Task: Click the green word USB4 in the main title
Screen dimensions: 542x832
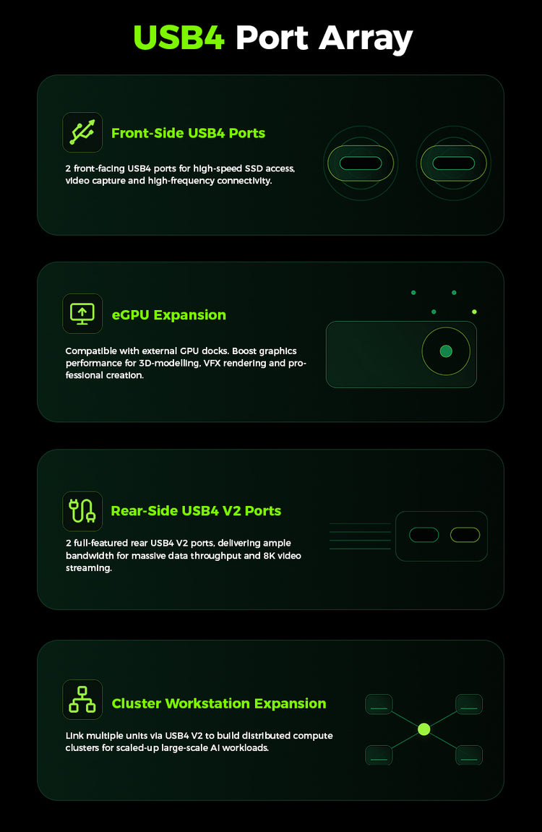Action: click(178, 38)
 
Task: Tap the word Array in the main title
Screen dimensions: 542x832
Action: click(366, 40)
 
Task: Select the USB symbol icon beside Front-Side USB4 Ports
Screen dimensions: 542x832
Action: click(82, 132)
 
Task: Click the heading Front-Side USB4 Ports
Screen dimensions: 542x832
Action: click(189, 133)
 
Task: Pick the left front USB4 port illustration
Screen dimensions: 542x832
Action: click(361, 163)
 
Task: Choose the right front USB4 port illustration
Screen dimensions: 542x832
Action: click(453, 163)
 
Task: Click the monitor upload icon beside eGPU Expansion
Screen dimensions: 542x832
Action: click(82, 314)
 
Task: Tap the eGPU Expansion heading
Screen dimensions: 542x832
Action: click(168, 314)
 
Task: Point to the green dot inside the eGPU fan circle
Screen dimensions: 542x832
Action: click(446, 351)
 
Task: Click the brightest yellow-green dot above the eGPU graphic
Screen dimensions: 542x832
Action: click(474, 312)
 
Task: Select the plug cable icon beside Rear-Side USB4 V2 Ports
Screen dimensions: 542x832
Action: click(82, 511)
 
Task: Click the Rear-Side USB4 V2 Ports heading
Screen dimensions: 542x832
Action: click(197, 510)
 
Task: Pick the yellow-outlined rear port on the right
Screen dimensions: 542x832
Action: click(465, 535)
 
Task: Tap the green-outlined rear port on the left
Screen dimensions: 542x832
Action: click(423, 535)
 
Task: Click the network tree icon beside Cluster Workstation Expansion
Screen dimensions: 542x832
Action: click(82, 699)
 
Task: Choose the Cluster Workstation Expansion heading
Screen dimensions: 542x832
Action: click(219, 703)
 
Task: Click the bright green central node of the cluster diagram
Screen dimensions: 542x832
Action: click(423, 729)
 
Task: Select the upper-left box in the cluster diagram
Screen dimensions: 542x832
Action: click(379, 704)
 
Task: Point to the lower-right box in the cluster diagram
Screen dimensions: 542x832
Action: click(469, 755)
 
